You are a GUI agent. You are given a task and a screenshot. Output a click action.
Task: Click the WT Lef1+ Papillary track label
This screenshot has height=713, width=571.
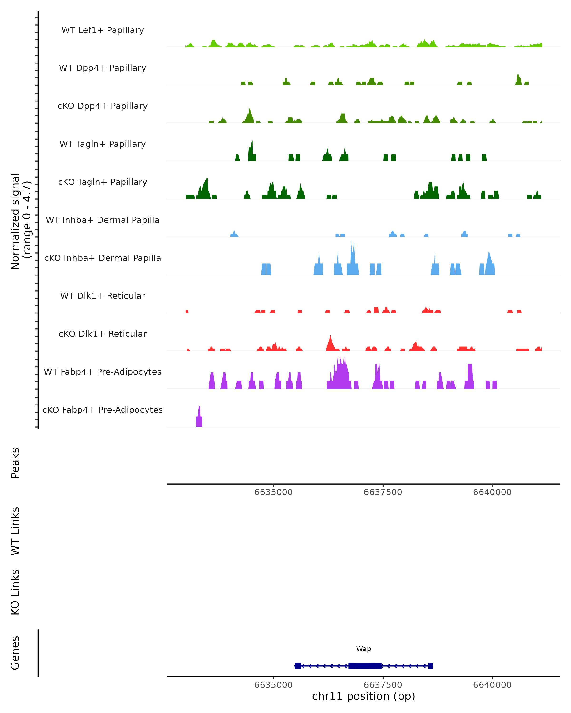(x=103, y=30)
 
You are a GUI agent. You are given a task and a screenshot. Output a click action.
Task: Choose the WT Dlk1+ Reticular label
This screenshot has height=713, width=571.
(x=103, y=296)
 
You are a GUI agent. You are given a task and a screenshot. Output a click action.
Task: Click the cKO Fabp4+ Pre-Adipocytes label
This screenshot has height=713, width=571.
(x=103, y=410)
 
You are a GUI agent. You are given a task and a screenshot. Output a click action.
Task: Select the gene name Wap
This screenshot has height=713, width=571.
(x=364, y=649)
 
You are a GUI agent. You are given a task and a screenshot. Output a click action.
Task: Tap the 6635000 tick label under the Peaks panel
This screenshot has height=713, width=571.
(x=273, y=492)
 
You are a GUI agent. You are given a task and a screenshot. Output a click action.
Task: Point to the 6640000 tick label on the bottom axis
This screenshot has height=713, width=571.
(x=492, y=685)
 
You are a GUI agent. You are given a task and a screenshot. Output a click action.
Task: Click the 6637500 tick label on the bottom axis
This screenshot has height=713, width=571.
(x=383, y=685)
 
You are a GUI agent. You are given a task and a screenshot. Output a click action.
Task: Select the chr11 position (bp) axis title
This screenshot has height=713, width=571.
(x=364, y=696)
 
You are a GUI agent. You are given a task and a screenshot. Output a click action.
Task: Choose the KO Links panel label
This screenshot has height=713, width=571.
(x=15, y=592)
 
